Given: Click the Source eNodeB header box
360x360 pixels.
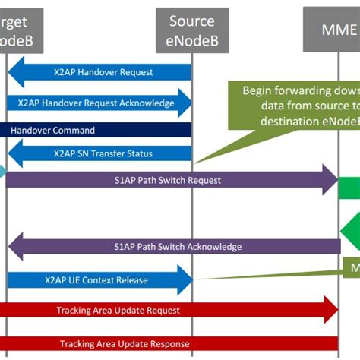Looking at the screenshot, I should [192, 30].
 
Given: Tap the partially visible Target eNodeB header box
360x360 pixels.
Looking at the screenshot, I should [17, 30].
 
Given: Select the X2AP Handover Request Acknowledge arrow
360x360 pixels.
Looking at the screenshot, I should [99, 103].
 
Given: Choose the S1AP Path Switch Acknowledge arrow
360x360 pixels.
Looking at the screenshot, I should [175, 246].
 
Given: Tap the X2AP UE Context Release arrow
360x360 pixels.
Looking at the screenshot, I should [99, 279].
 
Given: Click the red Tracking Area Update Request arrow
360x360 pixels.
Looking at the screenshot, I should [167, 310].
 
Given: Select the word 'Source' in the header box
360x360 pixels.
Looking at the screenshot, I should [192, 21].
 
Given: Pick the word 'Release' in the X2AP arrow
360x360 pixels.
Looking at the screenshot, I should [131, 279].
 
